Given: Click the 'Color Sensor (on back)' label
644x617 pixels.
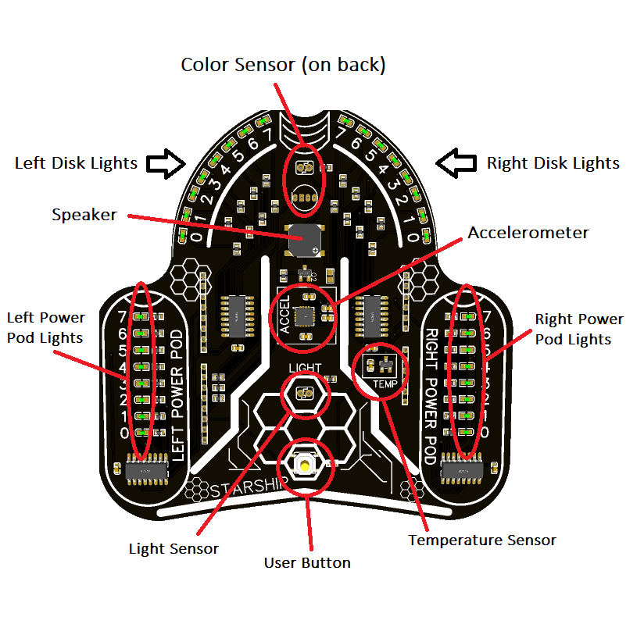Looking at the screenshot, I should click(x=283, y=65).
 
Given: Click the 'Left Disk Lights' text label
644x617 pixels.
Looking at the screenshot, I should click(x=76, y=163).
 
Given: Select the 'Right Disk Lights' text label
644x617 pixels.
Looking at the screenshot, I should click(x=553, y=163).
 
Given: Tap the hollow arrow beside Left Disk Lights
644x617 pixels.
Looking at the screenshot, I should click(x=166, y=162).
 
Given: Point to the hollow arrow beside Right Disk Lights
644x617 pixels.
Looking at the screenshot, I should click(x=456, y=162).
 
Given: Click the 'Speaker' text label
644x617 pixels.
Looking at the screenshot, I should click(x=84, y=215).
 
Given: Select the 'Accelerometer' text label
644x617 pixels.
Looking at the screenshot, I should click(x=528, y=233).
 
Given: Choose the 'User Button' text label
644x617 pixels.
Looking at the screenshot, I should click(x=307, y=562).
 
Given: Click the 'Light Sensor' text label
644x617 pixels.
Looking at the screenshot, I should click(x=174, y=548).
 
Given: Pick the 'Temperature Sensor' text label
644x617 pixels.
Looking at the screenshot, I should click(x=482, y=540).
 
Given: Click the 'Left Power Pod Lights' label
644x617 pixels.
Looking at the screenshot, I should click(x=45, y=327).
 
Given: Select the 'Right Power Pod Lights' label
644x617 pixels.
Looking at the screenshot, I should click(x=579, y=329).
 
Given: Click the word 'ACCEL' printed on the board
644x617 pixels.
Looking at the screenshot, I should click(x=284, y=316).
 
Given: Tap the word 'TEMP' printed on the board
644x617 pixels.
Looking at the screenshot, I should click(x=384, y=384).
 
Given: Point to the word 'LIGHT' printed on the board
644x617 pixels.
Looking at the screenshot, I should click(x=304, y=367).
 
